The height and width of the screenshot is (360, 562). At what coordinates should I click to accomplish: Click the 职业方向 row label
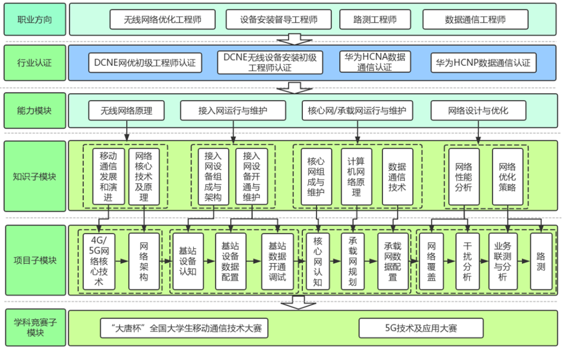[x=33, y=20]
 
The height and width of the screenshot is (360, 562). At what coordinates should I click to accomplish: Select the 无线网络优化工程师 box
[x=162, y=20]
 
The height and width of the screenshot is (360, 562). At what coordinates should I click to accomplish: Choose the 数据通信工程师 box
[x=475, y=20]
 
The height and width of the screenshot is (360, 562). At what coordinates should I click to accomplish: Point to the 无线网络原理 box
[x=126, y=110]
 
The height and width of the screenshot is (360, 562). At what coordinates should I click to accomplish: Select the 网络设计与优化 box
[x=477, y=110]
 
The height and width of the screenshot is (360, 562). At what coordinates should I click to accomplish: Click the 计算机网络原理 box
[x=356, y=176]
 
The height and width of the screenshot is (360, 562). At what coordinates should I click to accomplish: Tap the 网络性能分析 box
[x=463, y=176]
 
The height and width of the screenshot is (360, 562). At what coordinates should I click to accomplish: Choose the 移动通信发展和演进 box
[x=108, y=176]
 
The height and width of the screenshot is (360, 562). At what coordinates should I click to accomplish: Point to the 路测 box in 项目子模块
[x=541, y=261]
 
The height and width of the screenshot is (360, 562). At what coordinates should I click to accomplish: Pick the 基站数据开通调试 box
[x=277, y=261]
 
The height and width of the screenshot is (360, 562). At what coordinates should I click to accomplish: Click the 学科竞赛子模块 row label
[x=33, y=327]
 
